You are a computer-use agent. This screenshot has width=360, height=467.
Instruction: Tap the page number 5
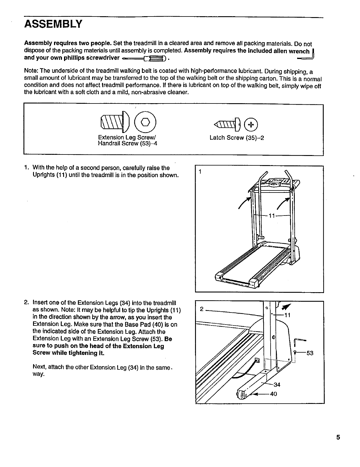click(x=338, y=437)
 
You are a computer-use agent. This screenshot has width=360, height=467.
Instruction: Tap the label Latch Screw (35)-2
click(x=237, y=138)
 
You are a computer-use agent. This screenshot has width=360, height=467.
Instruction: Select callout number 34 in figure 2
click(x=277, y=384)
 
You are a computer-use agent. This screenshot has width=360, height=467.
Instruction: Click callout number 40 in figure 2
click(x=274, y=394)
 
